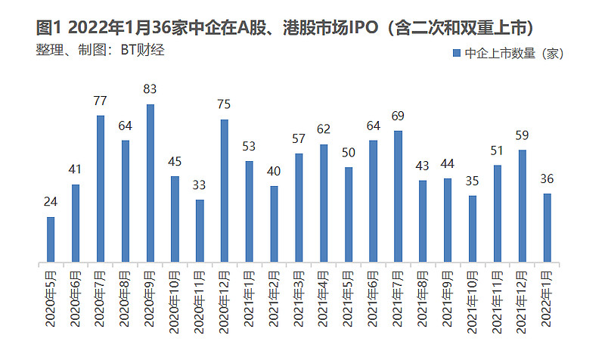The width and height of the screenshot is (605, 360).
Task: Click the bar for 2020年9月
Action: coord(150,184)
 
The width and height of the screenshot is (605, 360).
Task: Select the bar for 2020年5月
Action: coord(51,241)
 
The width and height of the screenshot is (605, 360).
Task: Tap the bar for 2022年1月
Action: coord(547,228)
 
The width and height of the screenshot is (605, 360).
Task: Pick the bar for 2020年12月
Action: coord(225,191)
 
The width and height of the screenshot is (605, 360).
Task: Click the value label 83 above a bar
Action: coord(150,89)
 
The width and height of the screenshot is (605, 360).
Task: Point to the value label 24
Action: coord(51,202)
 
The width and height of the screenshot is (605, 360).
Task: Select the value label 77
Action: coord(101,101)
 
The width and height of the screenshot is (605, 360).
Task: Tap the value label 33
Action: coord(200,185)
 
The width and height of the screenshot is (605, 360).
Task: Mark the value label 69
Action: coord(398,116)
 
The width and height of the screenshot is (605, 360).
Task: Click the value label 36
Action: coord(547,178)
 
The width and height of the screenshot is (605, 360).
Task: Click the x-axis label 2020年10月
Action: coord(175,299)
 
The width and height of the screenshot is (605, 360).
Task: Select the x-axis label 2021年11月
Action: coord(498,299)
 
